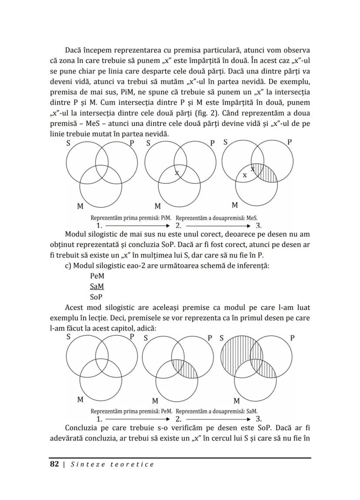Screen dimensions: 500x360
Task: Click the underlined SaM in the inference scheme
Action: click(97, 287)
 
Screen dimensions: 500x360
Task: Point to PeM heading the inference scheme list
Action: click(97, 276)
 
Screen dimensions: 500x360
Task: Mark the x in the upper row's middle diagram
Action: click(177, 173)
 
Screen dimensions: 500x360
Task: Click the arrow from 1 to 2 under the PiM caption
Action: click(138, 226)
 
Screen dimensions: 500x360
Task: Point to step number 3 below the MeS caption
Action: click(259, 226)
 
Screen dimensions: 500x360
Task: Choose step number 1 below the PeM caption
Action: click(99, 419)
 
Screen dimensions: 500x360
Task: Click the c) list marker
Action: click(68, 265)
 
